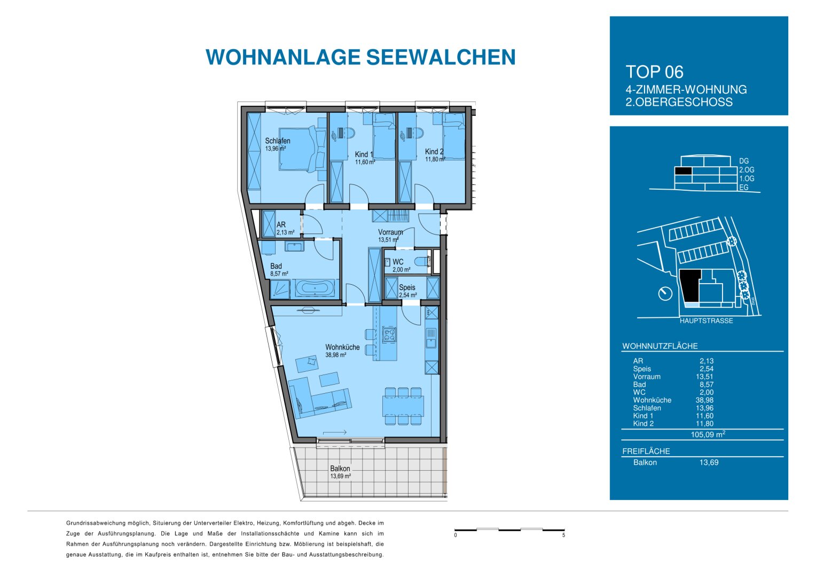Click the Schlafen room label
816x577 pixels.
tap(278, 141)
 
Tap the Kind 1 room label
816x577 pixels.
tap(364, 154)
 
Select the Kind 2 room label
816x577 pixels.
tap(434, 152)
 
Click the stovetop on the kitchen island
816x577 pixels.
tap(389, 335)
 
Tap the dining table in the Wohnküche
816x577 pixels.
tap(403, 406)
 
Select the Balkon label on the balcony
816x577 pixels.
tap(340, 469)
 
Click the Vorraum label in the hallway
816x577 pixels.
tap(390, 232)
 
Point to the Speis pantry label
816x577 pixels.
tap(407, 287)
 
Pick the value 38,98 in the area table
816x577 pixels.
tap(704, 400)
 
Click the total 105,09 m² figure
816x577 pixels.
tap(708, 434)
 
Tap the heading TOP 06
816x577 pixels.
tap(654, 72)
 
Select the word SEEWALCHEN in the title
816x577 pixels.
tap(441, 57)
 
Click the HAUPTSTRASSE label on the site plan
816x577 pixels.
tap(706, 321)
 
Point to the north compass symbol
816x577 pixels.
tap(665, 293)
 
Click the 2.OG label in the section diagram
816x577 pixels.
tap(747, 170)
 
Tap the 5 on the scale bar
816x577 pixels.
tap(563, 535)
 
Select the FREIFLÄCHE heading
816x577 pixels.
tap(646, 451)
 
